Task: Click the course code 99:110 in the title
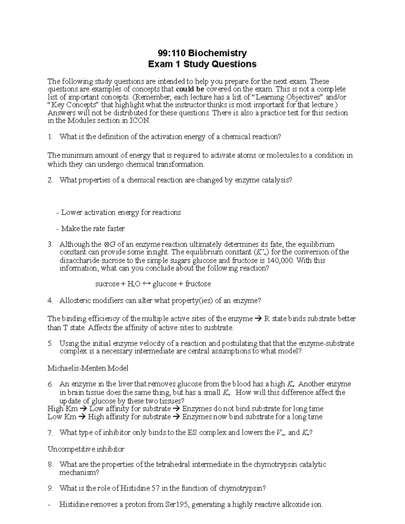(172, 53)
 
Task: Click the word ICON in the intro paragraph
(139, 120)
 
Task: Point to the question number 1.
(50, 137)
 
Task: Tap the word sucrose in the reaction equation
(107, 284)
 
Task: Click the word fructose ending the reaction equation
(198, 284)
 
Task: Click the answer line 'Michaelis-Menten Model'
(88, 368)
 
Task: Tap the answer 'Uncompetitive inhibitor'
(86, 449)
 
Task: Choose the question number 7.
(50, 433)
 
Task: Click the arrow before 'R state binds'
(258, 319)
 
